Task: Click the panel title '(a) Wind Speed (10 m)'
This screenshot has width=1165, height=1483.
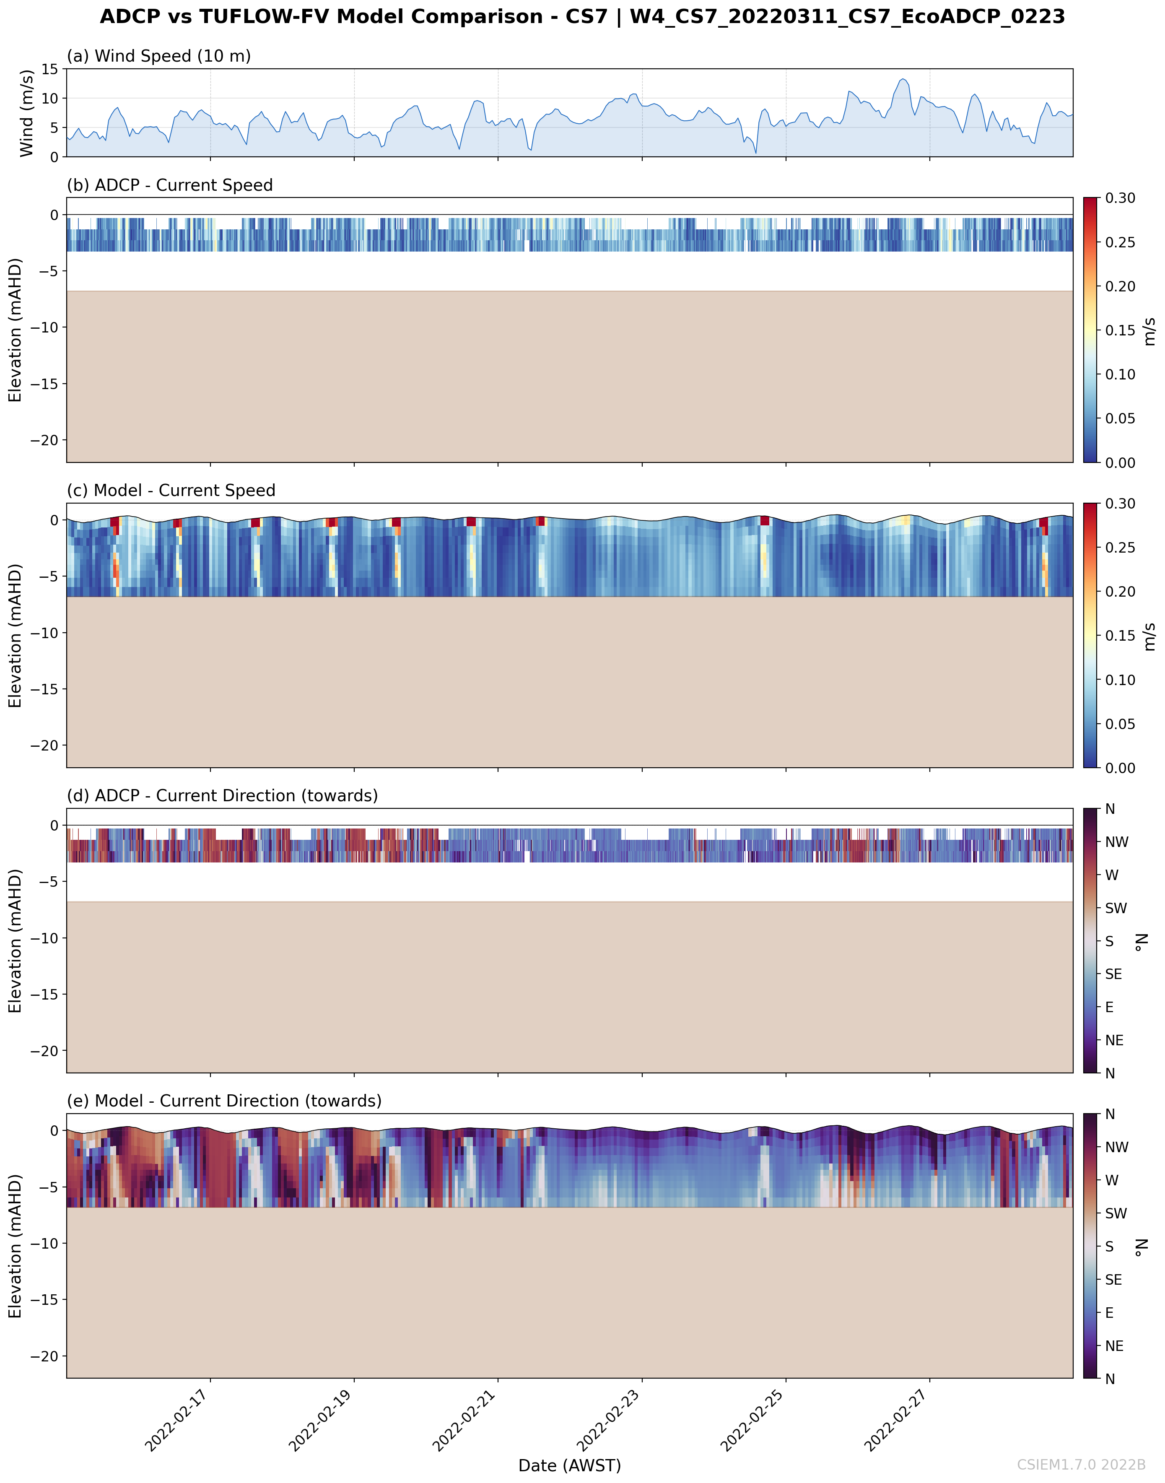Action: click(158, 56)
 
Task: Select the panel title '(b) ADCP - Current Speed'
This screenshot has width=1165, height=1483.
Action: click(169, 186)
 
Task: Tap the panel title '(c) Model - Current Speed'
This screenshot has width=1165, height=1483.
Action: click(171, 491)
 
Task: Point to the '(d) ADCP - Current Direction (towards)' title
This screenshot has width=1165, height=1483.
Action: click(222, 795)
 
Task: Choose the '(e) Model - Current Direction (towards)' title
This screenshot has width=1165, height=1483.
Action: click(224, 1101)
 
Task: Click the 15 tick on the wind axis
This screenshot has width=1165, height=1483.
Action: click(50, 69)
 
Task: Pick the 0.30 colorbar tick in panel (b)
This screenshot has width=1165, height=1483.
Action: click(1120, 198)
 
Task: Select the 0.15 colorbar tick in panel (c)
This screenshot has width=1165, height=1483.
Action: click(1120, 636)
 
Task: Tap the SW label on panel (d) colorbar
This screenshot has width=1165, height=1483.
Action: click(1116, 908)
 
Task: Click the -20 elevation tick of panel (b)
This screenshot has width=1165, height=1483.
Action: click(44, 440)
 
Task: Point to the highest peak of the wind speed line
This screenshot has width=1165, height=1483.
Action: click(903, 79)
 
